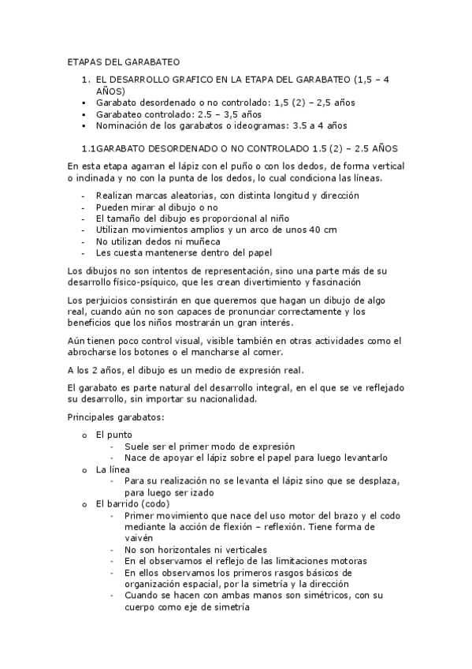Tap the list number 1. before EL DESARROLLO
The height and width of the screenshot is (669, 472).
pos(87,80)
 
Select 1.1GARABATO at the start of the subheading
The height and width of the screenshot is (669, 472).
pos(117,148)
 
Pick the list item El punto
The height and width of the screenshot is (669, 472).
pos(113,435)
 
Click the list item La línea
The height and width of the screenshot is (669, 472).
pos(113,469)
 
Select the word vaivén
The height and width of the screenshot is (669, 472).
pos(139,537)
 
